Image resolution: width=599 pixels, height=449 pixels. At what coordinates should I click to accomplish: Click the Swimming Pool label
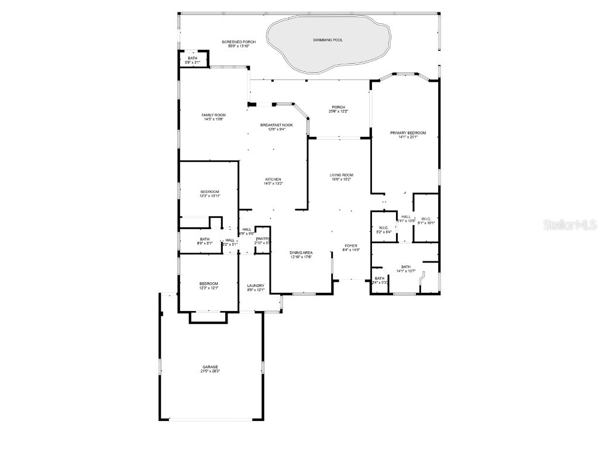click(x=328, y=40)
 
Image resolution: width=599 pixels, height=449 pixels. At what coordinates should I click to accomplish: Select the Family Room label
click(x=214, y=115)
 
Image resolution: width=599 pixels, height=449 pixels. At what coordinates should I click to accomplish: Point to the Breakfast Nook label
click(x=277, y=125)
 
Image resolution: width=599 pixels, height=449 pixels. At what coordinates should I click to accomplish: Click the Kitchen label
click(x=273, y=179)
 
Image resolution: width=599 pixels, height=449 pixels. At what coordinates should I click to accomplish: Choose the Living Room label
click(x=341, y=175)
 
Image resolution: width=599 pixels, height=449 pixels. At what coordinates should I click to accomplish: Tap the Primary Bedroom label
click(x=408, y=133)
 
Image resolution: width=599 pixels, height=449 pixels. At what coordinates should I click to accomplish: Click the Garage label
click(x=210, y=367)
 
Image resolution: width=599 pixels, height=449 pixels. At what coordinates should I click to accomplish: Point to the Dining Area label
click(x=301, y=253)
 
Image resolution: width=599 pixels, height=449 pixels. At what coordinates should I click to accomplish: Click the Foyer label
click(x=350, y=246)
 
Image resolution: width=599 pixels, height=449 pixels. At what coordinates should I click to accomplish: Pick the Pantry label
click(x=263, y=239)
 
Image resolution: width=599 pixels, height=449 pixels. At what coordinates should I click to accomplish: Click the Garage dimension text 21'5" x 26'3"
click(x=210, y=371)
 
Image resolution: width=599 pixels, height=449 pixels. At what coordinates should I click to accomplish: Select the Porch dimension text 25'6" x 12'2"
click(x=338, y=111)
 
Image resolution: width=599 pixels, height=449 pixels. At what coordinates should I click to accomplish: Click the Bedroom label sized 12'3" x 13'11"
click(x=209, y=192)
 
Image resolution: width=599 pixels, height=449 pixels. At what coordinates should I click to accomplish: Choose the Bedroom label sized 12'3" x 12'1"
click(x=209, y=284)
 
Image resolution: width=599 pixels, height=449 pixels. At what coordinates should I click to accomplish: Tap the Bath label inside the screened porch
click(x=192, y=58)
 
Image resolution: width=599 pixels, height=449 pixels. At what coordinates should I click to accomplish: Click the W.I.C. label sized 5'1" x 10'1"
click(x=425, y=219)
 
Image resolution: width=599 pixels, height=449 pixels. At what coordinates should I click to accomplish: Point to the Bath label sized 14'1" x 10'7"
click(x=406, y=267)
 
